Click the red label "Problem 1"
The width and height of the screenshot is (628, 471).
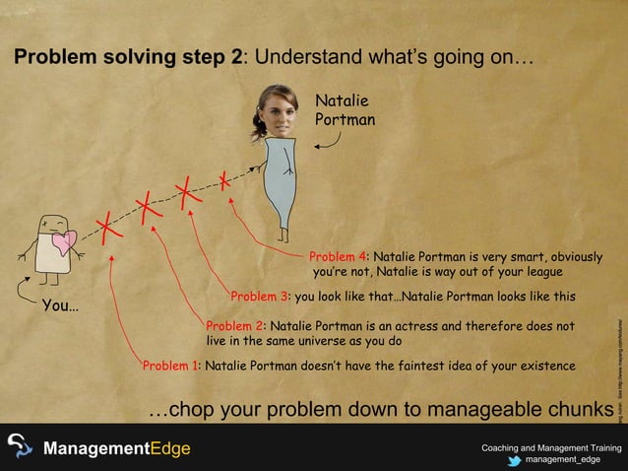(171, 366)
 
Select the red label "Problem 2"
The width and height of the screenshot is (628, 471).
(235, 326)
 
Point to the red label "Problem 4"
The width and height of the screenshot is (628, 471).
(339, 257)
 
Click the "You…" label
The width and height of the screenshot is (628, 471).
(60, 305)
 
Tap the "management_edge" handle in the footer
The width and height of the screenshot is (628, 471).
(562, 459)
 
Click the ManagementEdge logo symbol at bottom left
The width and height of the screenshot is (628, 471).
(20, 448)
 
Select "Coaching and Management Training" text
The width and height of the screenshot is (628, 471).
(550, 447)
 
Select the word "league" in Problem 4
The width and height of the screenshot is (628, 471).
(539, 271)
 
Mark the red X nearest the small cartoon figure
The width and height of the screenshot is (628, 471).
(109, 228)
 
